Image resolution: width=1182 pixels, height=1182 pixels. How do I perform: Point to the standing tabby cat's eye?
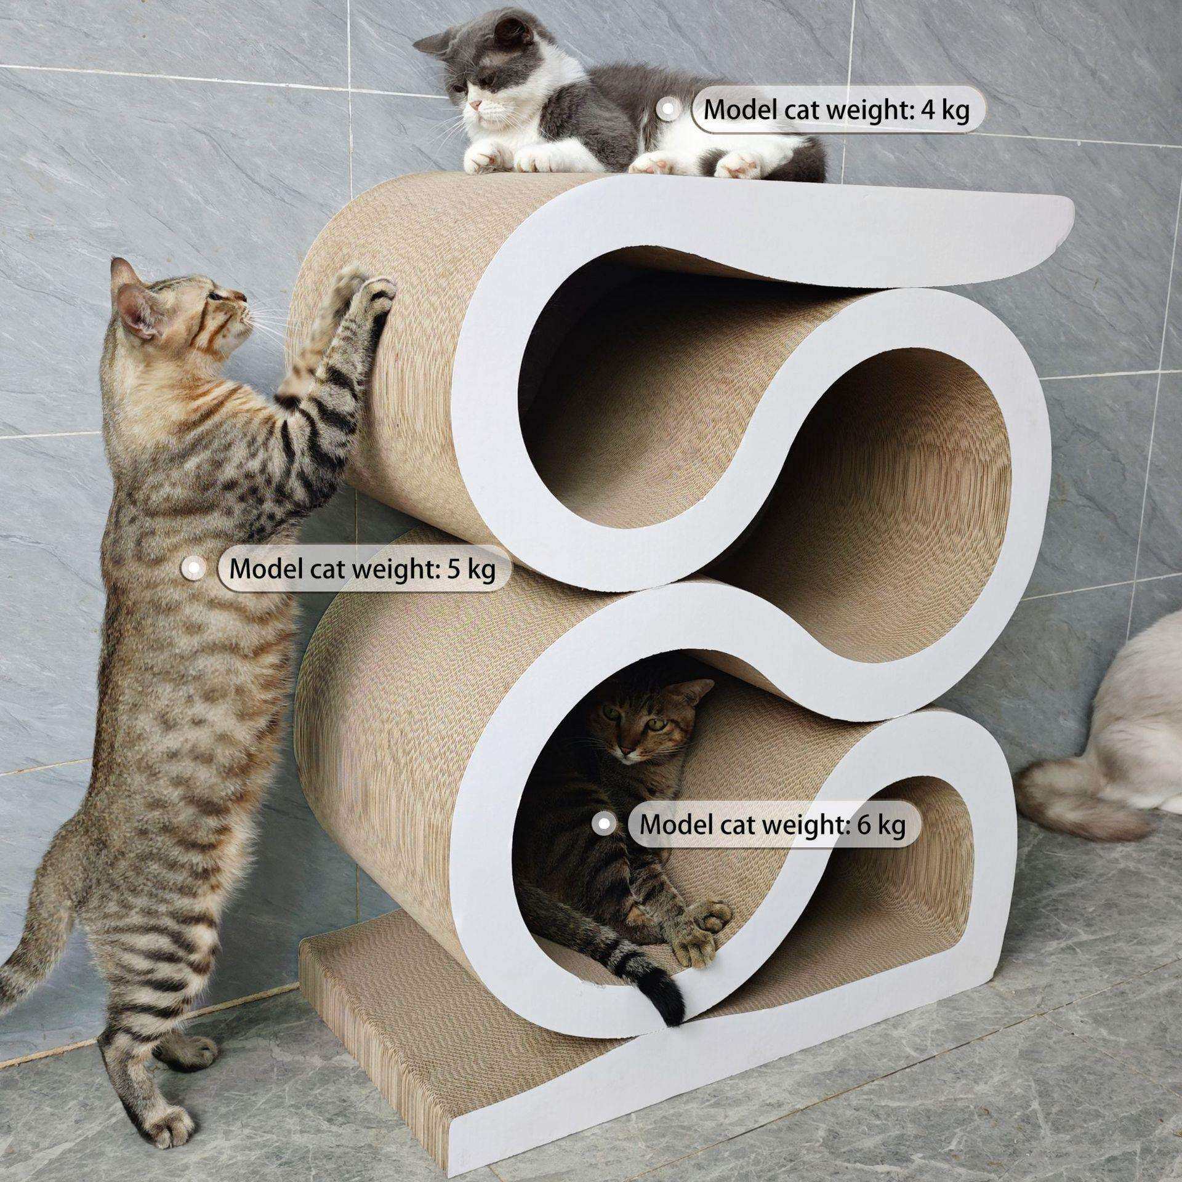(x=215, y=295)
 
